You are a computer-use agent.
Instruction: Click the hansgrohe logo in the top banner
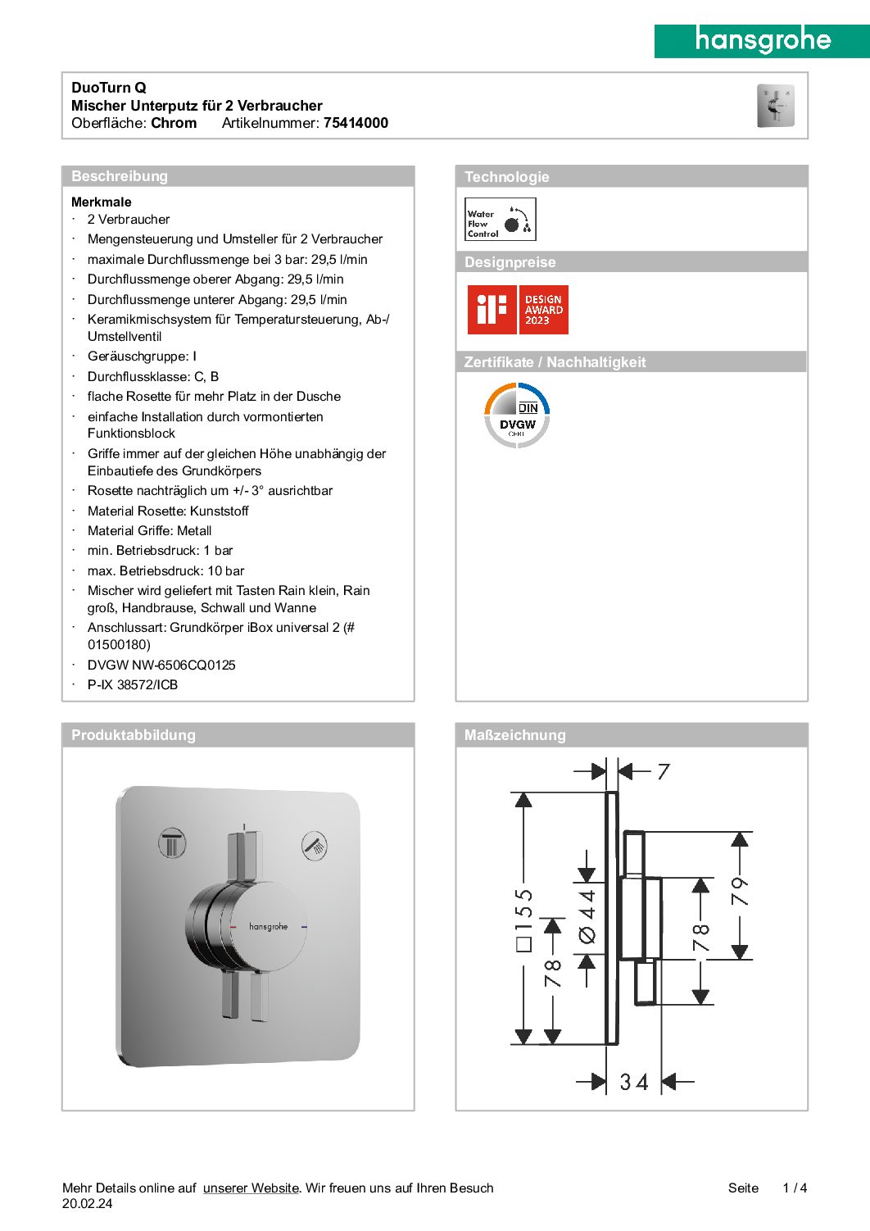click(x=762, y=40)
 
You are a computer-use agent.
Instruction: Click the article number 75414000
click(x=356, y=123)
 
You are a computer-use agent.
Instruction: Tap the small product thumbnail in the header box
click(x=775, y=106)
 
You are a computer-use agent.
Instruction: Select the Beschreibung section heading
click(x=120, y=176)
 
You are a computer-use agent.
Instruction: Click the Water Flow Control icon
click(x=500, y=220)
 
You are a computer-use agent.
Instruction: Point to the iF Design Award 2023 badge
click(x=518, y=310)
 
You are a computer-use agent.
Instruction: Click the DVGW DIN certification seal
click(x=517, y=416)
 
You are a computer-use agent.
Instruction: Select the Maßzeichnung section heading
click(x=514, y=735)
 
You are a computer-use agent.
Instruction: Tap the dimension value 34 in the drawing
click(x=634, y=1082)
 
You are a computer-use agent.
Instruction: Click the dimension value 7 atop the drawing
click(x=664, y=771)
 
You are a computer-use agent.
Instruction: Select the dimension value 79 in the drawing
click(x=740, y=891)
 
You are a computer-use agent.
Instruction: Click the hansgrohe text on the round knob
click(x=268, y=926)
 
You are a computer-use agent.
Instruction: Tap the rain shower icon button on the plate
click(x=172, y=843)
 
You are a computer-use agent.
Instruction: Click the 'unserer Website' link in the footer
click(x=251, y=1188)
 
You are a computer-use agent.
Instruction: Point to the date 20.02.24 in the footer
click(x=88, y=1204)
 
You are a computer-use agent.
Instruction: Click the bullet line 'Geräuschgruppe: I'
click(x=142, y=357)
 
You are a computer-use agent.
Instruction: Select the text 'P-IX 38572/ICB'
click(x=133, y=685)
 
